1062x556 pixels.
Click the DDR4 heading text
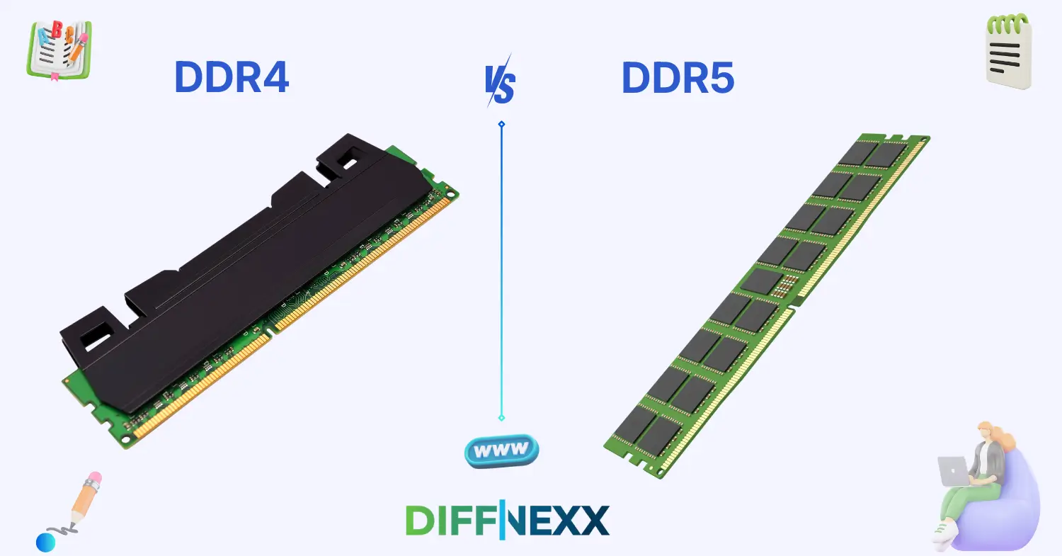pyautogui.click(x=232, y=78)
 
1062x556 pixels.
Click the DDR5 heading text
pyautogui.click(x=678, y=78)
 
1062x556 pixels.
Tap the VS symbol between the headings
pyautogui.click(x=500, y=84)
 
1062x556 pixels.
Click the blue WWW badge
pyautogui.click(x=501, y=450)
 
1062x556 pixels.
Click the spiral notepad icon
pyautogui.click(x=1008, y=51)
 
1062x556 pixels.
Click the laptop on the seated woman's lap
pyautogui.click(x=952, y=470)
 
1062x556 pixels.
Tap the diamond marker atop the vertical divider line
pyautogui.click(x=501, y=124)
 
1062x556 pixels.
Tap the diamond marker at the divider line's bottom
pyautogui.click(x=501, y=418)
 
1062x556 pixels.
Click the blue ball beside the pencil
pyautogui.click(x=45, y=543)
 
